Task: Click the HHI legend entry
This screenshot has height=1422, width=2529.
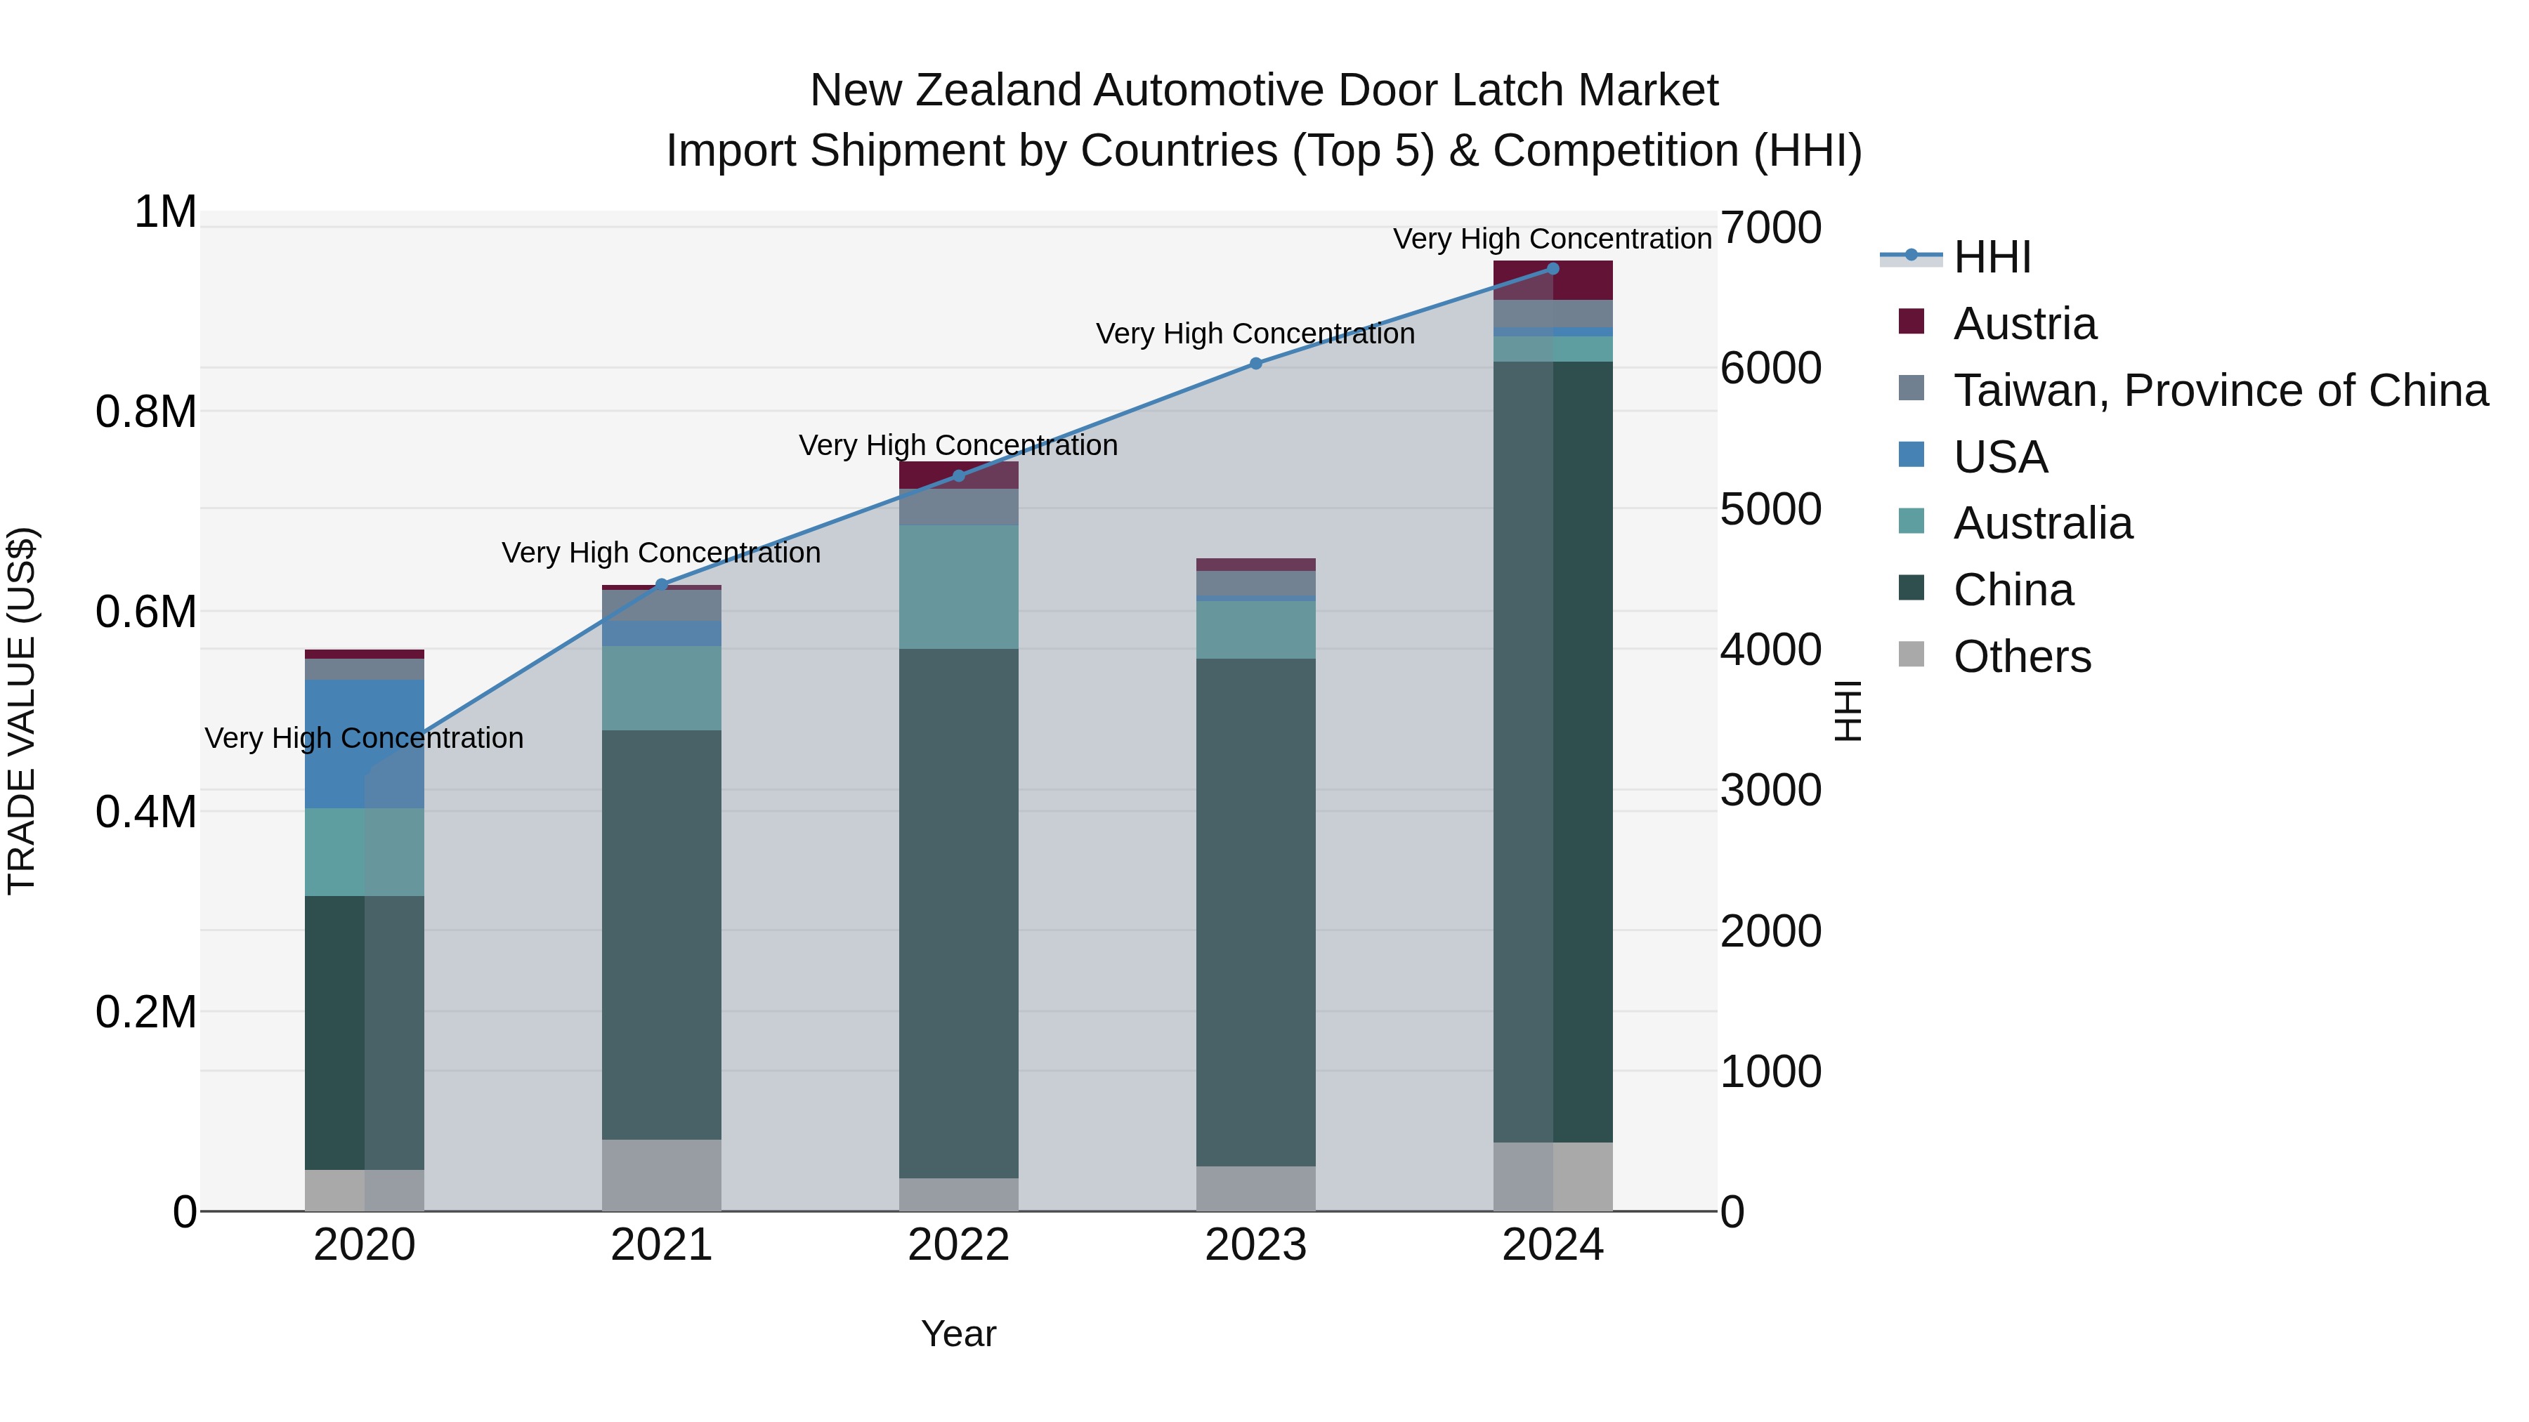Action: (x=1991, y=257)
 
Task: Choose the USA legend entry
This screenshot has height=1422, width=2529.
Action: (x=2000, y=457)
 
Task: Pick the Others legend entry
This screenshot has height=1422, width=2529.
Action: (x=2021, y=657)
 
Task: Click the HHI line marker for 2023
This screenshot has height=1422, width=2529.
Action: (x=1255, y=363)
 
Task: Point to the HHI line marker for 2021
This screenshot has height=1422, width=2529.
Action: (x=662, y=585)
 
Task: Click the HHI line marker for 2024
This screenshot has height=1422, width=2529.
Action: (x=1552, y=269)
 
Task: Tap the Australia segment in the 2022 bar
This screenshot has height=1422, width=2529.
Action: (x=958, y=587)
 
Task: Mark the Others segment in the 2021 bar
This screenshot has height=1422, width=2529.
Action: (x=662, y=1175)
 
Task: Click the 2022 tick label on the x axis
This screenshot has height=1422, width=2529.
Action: (x=958, y=1245)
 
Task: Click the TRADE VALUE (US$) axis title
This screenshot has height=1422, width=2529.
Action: (x=22, y=711)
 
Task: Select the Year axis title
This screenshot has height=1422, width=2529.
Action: (x=958, y=1334)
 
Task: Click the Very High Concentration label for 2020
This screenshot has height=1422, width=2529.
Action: (x=364, y=738)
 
